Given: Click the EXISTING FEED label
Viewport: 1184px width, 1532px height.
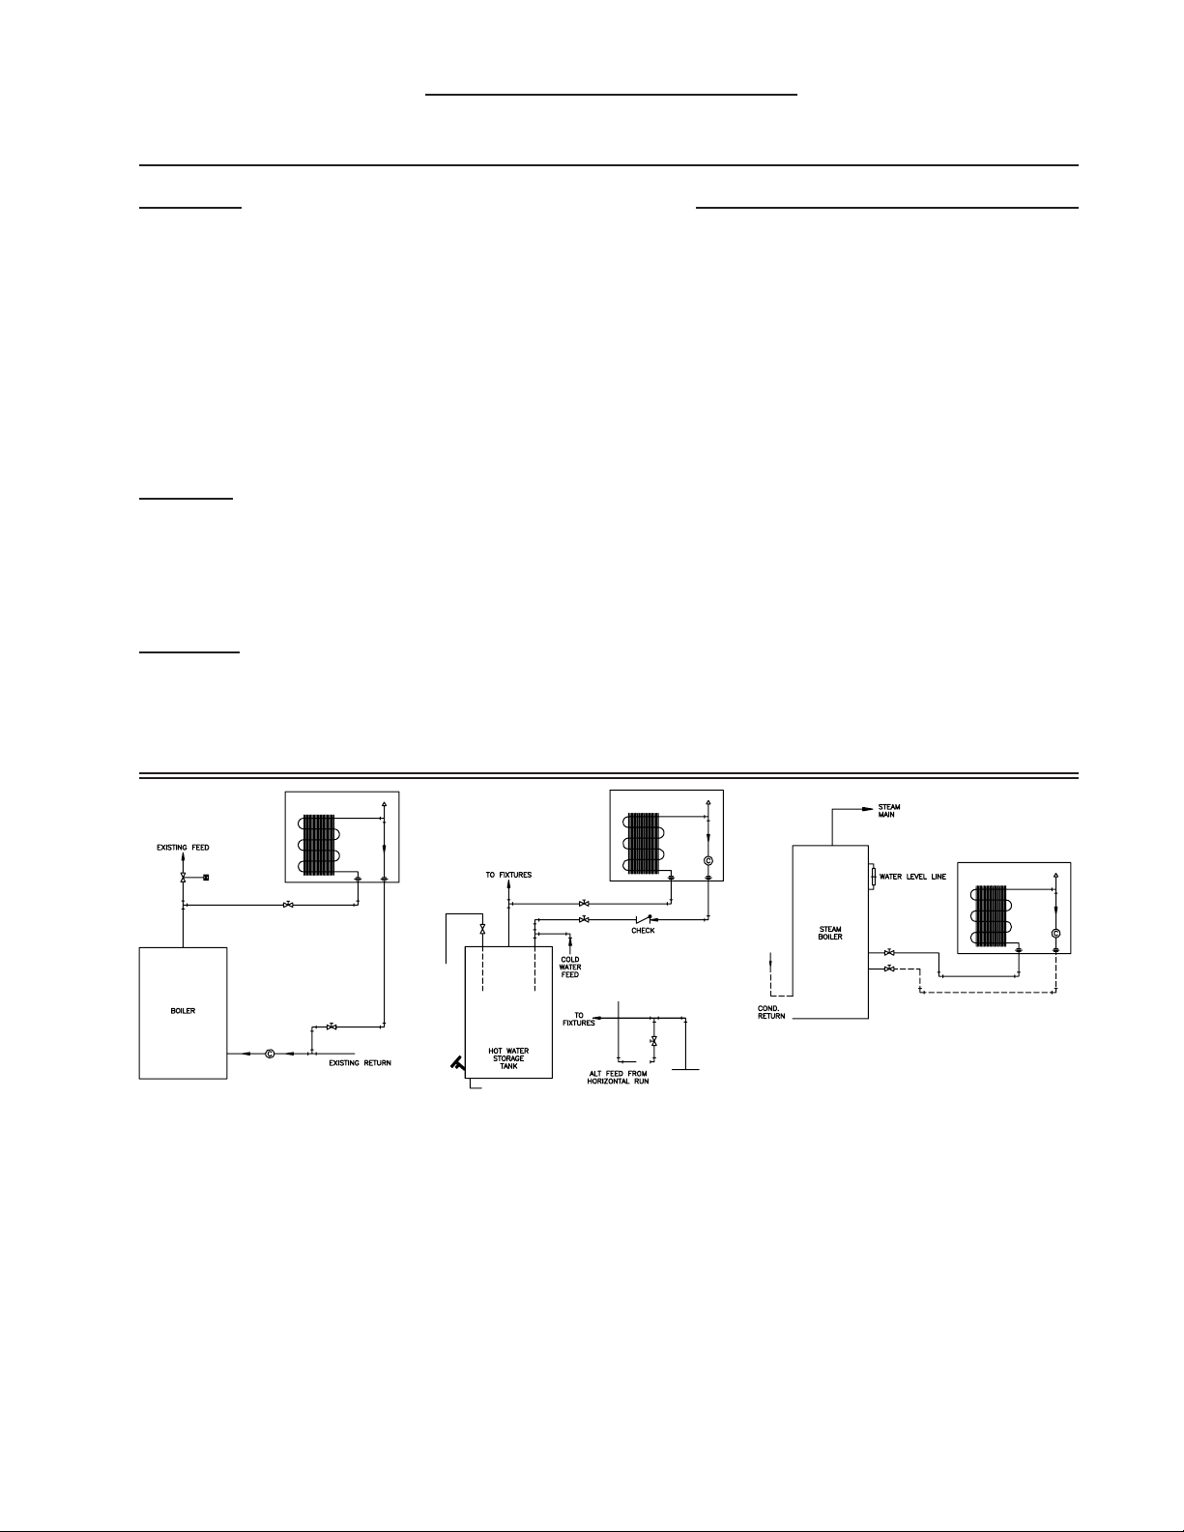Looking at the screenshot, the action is point(183,848).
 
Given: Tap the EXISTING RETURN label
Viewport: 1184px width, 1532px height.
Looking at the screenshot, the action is point(360,1062).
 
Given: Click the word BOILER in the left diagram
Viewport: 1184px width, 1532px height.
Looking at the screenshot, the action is point(183,1011).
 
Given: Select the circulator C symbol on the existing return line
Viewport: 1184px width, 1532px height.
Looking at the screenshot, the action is point(270,1054).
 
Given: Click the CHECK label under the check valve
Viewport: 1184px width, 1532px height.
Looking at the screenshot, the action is point(643,931).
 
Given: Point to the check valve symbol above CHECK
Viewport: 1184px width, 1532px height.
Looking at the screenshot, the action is point(642,919).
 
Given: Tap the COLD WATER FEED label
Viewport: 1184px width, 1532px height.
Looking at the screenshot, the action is point(569,968).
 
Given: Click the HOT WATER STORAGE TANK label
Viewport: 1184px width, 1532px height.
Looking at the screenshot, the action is point(508,1058).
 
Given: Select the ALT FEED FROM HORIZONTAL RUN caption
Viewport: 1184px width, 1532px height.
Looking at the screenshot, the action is point(618,1078).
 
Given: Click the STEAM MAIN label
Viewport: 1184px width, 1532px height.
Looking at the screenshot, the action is point(888,811).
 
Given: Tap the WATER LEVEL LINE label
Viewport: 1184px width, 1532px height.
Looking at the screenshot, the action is point(912,877).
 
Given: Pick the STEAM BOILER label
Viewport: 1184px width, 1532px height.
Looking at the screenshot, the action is point(830,933).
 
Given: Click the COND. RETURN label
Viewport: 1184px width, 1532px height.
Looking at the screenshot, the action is point(771,1012).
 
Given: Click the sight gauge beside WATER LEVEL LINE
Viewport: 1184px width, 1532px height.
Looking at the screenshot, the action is point(873,877).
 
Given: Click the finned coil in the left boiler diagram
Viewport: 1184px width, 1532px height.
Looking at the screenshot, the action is point(320,846).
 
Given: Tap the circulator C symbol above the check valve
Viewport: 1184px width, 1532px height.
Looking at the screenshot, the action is point(708,861).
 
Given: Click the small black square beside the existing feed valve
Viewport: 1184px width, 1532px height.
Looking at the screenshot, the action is point(206,877).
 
